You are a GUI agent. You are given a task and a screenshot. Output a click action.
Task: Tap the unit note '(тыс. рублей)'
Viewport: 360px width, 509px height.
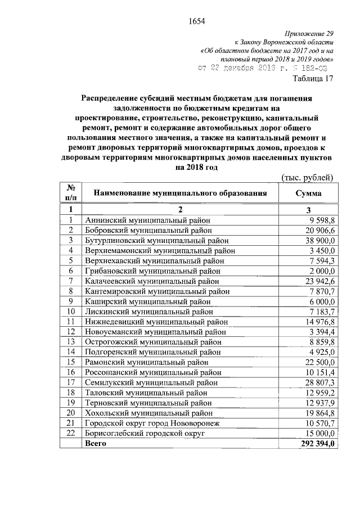tap(307, 178)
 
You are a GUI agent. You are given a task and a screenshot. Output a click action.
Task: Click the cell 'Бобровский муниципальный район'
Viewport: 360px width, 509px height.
tap(148, 230)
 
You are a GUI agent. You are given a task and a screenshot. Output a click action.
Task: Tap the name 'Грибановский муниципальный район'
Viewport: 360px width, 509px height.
tap(153, 270)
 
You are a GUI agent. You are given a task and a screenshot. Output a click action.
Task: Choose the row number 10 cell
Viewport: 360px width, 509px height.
tap(71, 311)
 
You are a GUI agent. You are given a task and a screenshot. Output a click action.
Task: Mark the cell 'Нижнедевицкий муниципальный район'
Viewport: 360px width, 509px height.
tap(156, 321)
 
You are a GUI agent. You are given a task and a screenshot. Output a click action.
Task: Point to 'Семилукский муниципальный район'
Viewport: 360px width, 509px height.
tap(151, 382)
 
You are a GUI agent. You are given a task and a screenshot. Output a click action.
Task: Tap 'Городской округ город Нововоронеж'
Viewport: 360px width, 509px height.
tap(155, 422)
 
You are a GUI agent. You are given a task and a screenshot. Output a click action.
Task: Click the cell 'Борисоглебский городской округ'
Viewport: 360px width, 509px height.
tap(145, 433)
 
